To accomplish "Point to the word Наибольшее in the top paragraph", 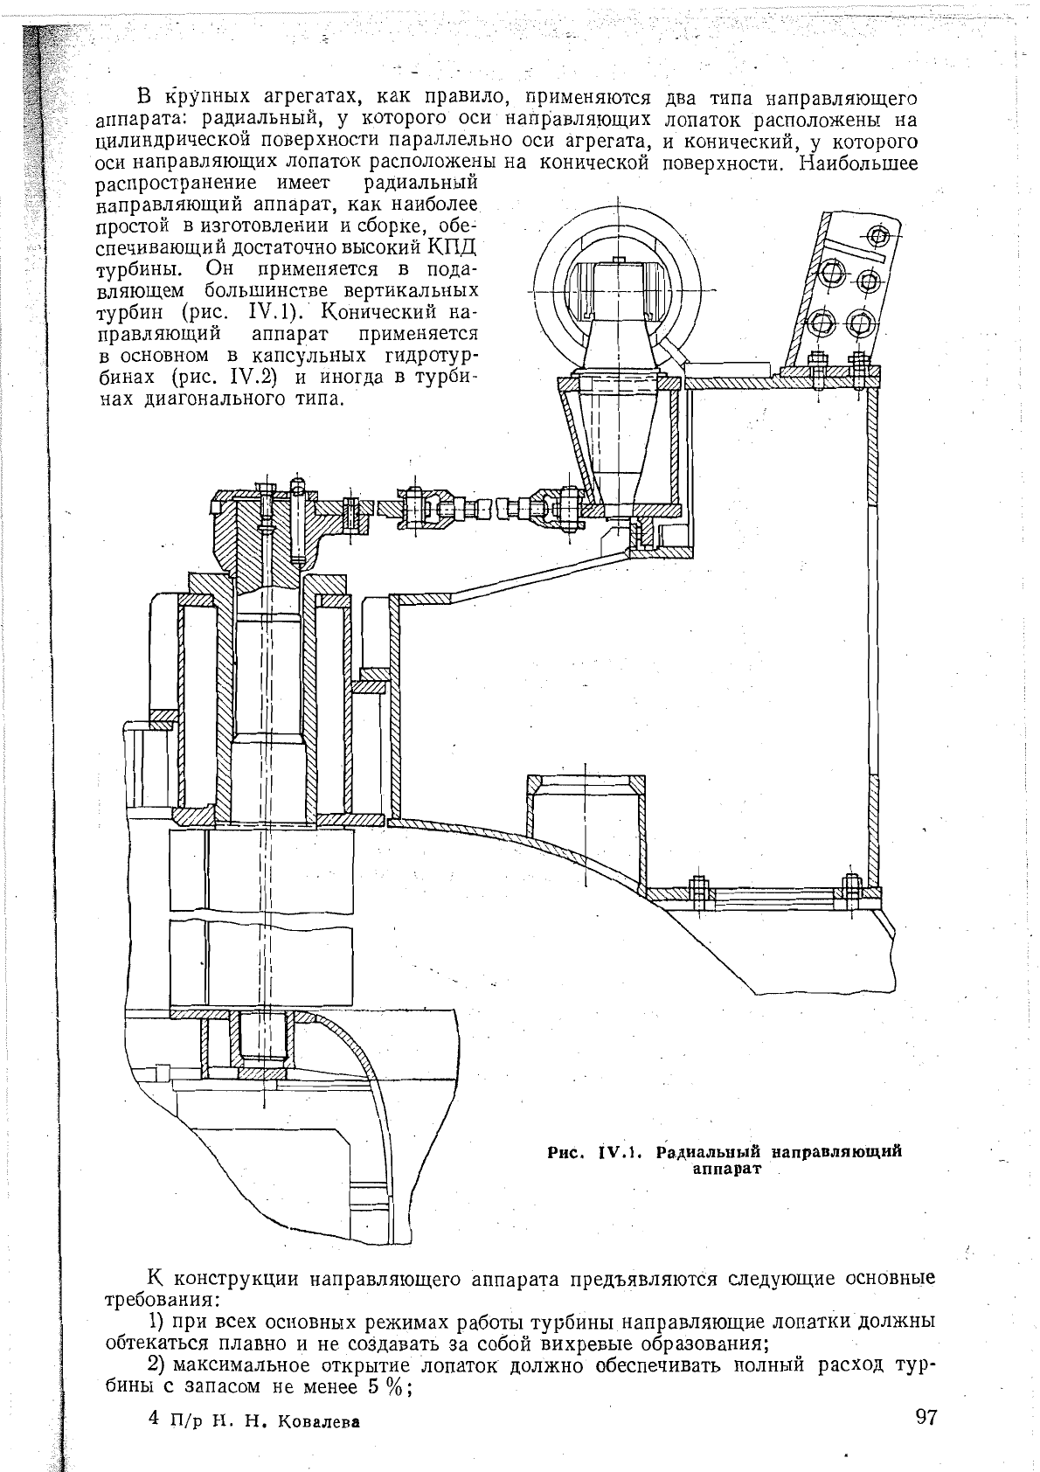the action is [x=859, y=163].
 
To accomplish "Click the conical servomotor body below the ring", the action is [x=618, y=441].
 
